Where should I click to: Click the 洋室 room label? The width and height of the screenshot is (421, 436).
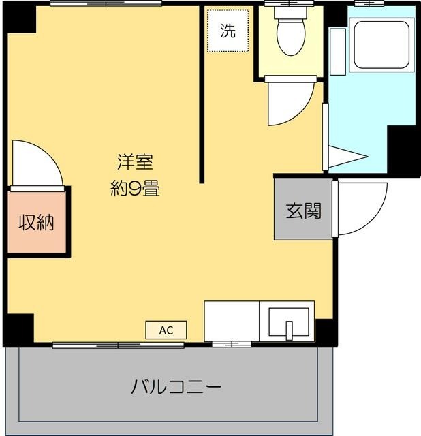coord(135,163)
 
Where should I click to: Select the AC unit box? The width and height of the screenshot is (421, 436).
coord(166,330)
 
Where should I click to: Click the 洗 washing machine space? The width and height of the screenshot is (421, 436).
coord(228,31)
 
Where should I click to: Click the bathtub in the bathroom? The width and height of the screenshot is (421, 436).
coord(382,44)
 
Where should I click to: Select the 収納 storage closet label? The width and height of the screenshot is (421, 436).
coord(36,222)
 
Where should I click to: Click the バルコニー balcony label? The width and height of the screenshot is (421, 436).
coord(176,388)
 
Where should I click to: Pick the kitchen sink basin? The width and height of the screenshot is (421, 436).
coord(289,322)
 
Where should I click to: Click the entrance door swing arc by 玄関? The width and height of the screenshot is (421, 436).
coord(361,208)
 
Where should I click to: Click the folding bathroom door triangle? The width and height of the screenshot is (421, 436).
coord(347,157)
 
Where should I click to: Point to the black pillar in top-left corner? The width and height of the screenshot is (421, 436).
coord(20,20)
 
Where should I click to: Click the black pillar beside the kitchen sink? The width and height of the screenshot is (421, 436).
coord(326,331)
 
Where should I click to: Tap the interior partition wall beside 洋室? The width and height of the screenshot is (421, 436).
coord(202,95)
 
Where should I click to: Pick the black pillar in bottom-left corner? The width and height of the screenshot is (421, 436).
coord(18,328)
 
